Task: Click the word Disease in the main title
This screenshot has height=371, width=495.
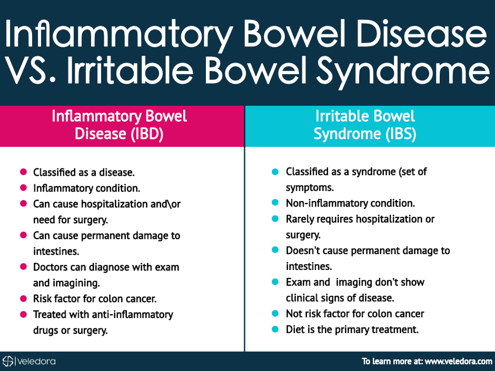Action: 422,34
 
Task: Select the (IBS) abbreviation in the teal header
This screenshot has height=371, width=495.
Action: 401,134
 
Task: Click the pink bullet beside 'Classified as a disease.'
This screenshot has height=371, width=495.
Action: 23,172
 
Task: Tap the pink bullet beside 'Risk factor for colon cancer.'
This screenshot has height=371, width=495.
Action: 23,298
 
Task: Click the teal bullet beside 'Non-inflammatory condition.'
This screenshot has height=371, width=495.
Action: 275,203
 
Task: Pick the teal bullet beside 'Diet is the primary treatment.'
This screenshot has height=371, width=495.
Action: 275,329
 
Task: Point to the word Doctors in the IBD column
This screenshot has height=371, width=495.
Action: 50,267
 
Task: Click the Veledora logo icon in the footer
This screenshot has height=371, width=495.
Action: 8,361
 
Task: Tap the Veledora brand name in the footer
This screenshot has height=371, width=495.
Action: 37,361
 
